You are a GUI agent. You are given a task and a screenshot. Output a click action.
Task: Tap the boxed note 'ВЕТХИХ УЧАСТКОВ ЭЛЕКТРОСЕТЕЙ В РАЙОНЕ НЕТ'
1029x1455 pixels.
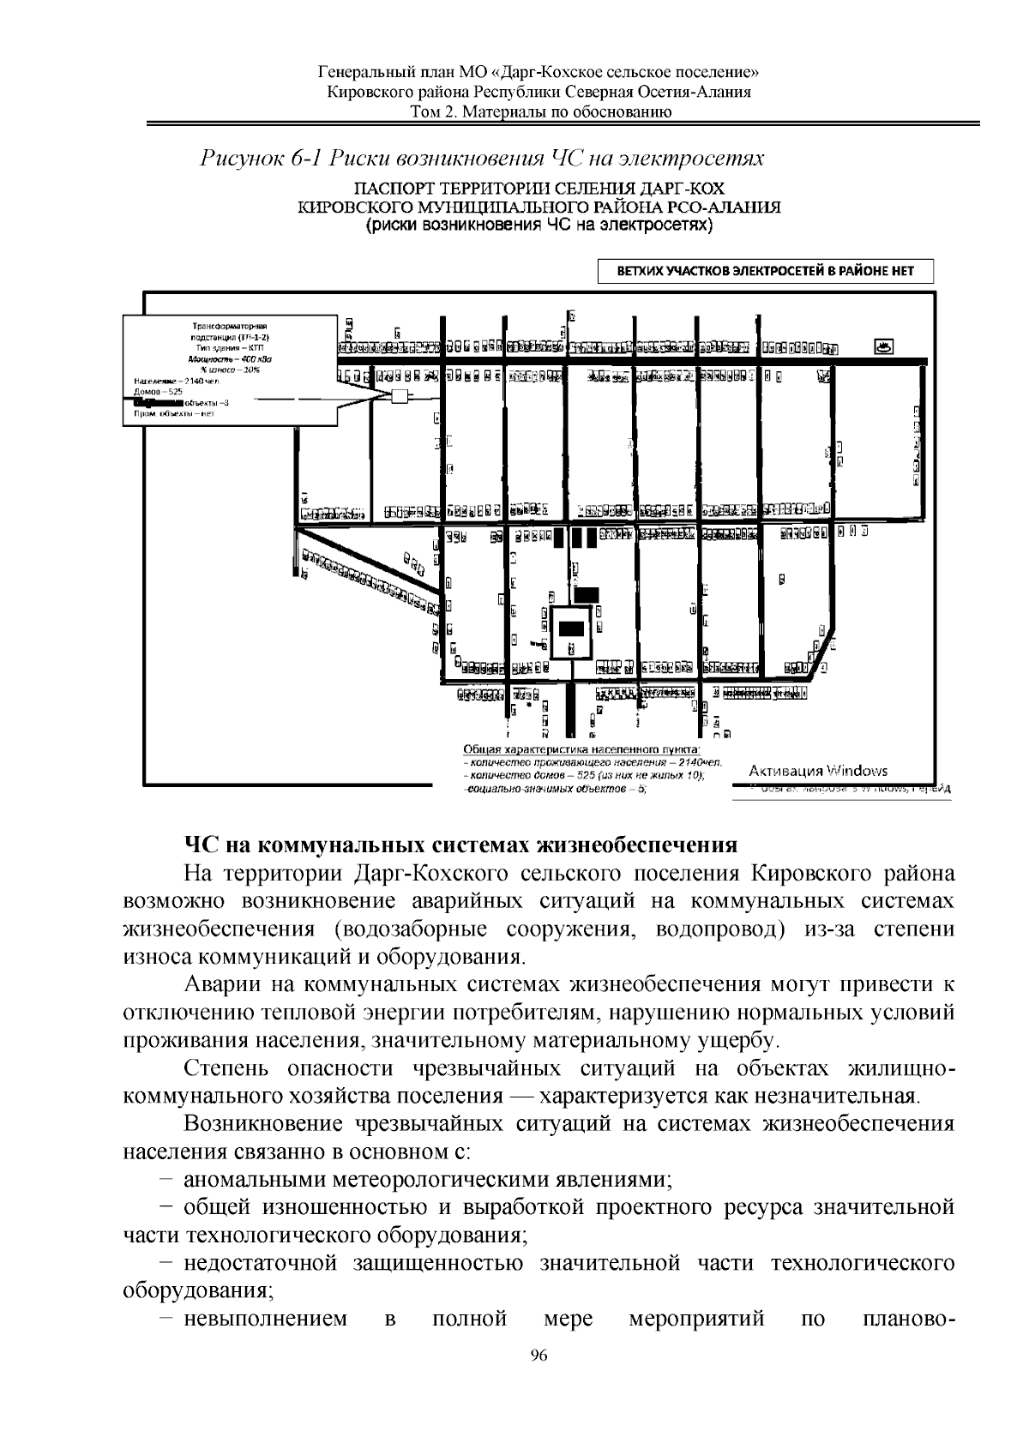coord(765,272)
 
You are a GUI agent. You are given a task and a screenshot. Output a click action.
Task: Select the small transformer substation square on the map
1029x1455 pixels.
coord(399,396)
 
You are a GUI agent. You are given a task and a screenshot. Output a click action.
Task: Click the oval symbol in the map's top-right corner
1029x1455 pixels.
coord(883,347)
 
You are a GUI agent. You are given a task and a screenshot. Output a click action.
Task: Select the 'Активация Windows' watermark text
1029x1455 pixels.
coord(819,771)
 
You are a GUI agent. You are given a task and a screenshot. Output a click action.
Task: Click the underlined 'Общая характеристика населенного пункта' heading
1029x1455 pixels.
coord(581,749)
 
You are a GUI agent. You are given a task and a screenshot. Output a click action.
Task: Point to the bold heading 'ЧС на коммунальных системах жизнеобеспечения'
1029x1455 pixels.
coord(460,845)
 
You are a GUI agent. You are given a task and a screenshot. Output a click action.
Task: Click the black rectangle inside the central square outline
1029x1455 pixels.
coord(571,628)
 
